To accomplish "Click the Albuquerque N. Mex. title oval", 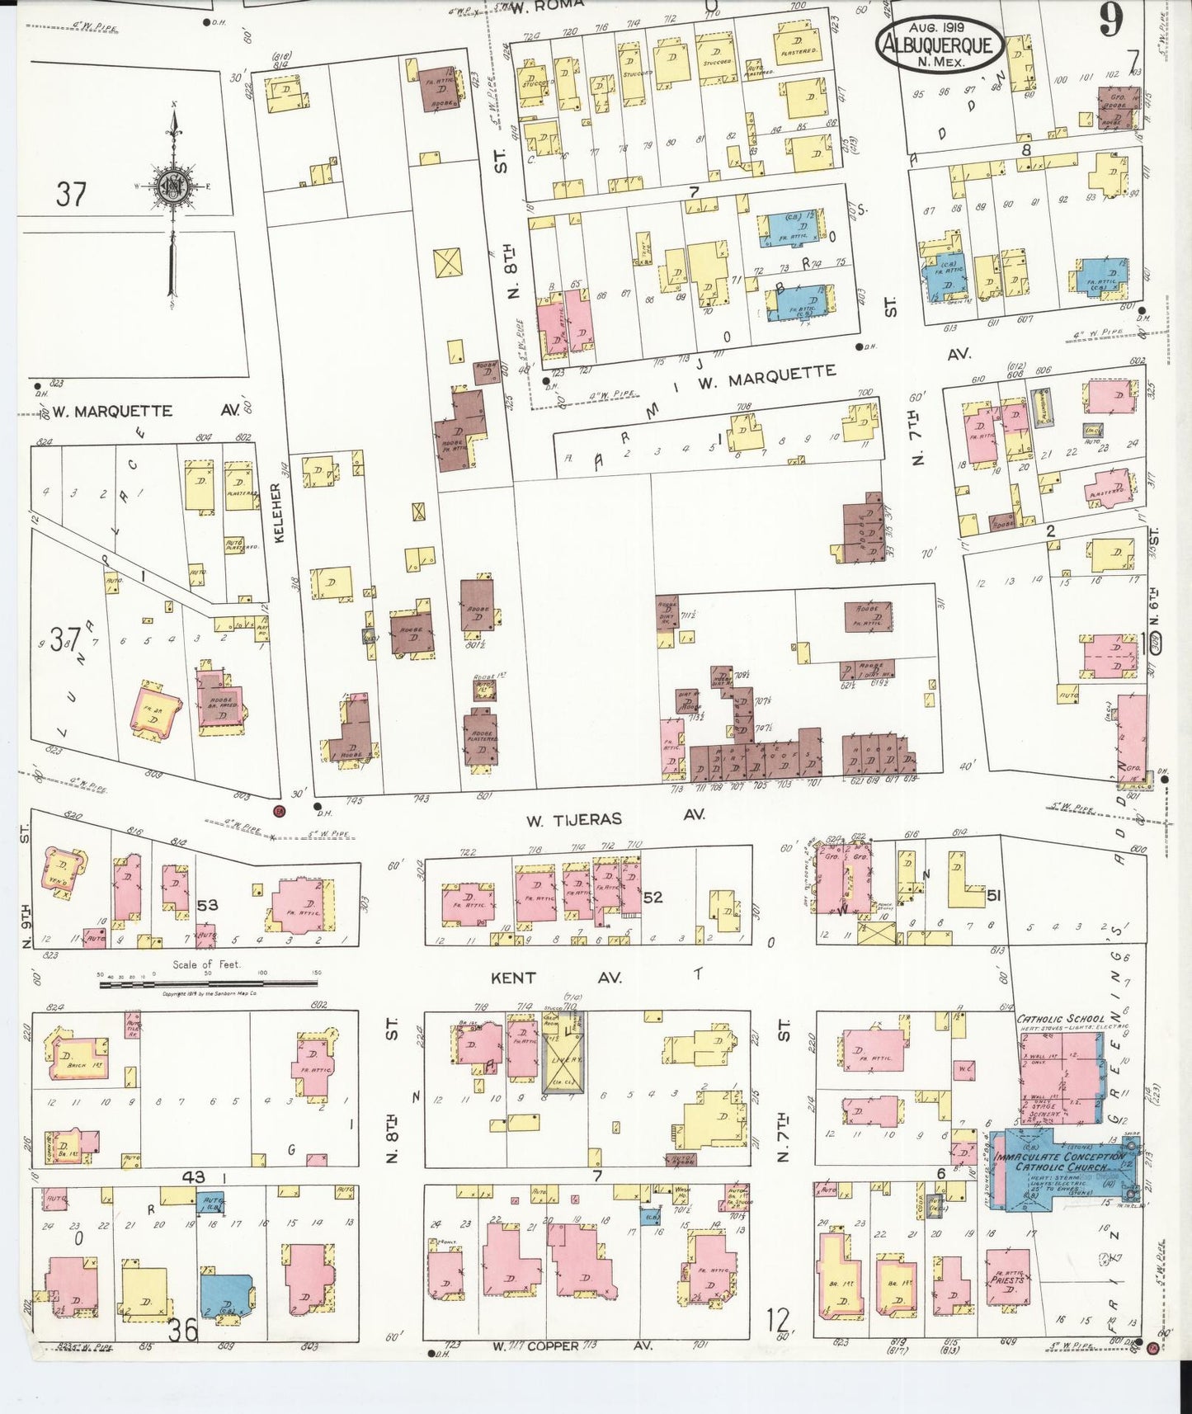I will click(940, 44).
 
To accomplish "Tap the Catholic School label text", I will click(1062, 1019).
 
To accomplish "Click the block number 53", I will click(207, 905).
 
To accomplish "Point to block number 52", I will click(653, 897).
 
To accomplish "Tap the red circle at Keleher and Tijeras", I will click(279, 810).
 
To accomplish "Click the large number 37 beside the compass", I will click(71, 195).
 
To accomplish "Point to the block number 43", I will click(195, 1177).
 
